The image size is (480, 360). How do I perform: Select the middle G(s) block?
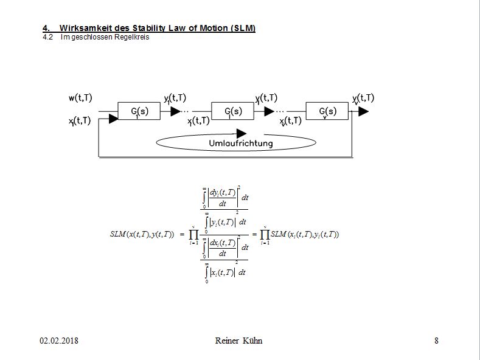[233, 112]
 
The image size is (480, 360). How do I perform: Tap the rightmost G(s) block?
[327, 112]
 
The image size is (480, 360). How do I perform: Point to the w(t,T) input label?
[80, 99]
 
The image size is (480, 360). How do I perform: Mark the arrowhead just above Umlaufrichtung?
[241, 133]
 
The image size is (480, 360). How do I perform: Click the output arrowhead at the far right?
[363, 112]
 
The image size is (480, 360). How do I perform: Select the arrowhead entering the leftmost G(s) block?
[113, 119]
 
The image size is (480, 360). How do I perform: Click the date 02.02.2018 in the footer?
[59, 341]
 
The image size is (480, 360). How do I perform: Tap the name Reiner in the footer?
[228, 341]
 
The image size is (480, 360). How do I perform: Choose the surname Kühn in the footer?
[252, 341]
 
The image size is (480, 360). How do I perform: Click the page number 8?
[436, 341]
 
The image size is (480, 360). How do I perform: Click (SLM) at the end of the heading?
[243, 29]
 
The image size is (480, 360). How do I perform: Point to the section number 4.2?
[48, 37]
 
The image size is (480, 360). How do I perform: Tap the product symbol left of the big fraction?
[193, 234]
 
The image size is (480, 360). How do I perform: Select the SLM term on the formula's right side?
[304, 234]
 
